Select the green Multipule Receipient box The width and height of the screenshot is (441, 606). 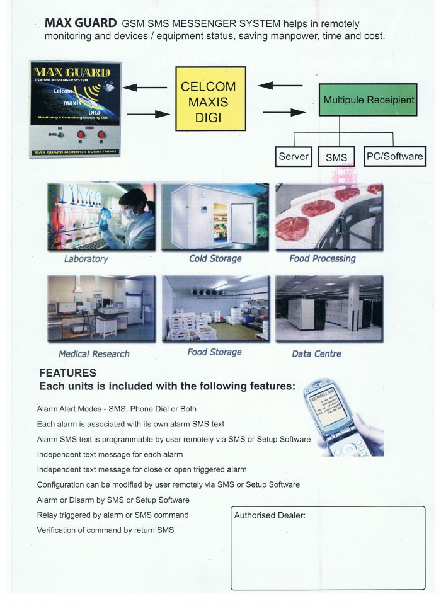click(359, 100)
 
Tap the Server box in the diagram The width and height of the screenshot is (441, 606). click(294, 156)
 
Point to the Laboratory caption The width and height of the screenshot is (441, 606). click(86, 259)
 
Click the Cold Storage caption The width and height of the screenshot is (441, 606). click(215, 258)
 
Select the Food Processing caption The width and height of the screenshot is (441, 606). click(322, 258)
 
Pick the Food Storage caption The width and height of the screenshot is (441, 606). click(214, 352)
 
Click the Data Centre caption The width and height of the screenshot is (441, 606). click(316, 353)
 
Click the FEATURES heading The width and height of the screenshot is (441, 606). click(67, 373)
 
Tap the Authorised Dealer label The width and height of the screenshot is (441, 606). click(270, 515)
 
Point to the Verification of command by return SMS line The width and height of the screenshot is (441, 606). click(105, 530)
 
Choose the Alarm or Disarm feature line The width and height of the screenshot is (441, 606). click(104, 500)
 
